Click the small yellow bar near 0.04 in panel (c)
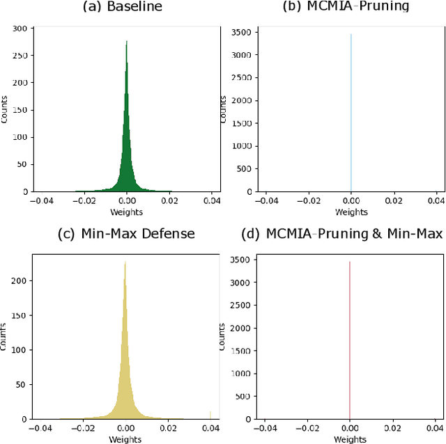pos(210,415)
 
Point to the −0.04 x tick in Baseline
pos(39,200)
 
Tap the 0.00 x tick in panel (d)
pos(350,429)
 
